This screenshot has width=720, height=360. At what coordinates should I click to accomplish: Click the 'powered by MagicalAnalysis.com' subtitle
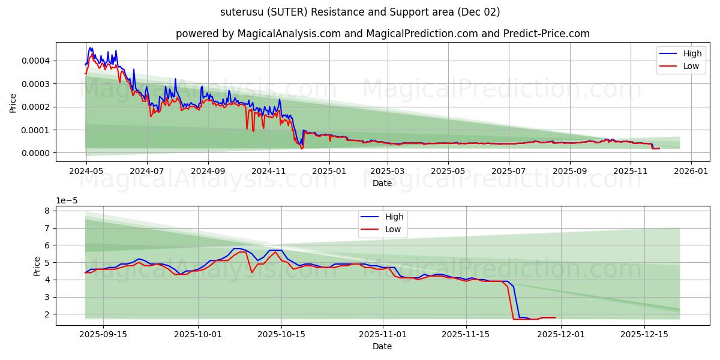[x=382, y=34]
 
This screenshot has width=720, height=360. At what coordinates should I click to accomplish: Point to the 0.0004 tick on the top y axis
[x=37, y=61]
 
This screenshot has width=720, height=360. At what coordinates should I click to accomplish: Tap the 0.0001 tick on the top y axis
[x=37, y=130]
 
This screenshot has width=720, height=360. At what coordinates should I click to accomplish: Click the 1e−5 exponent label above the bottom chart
[x=67, y=200]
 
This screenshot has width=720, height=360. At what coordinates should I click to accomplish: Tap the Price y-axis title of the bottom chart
[x=37, y=266]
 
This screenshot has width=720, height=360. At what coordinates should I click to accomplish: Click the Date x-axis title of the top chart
[x=382, y=183]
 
